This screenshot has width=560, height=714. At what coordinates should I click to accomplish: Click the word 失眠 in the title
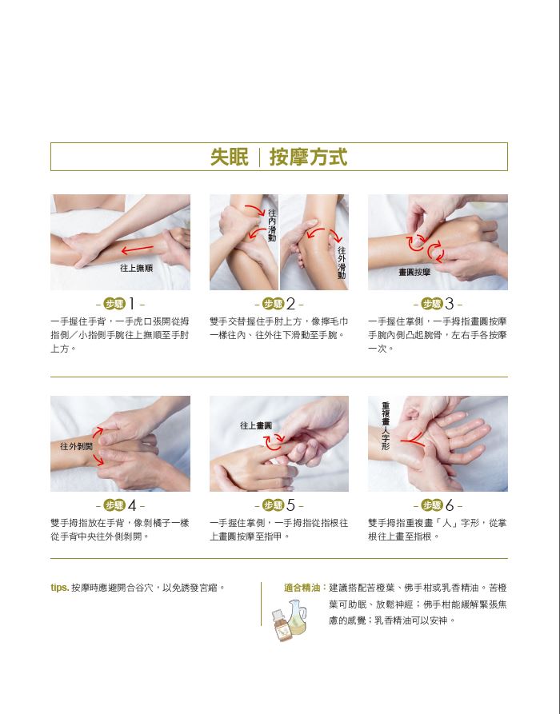[x=230, y=157]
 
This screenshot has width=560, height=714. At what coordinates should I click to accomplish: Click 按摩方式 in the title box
[x=309, y=157]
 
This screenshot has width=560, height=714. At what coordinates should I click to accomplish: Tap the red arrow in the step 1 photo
[x=137, y=249]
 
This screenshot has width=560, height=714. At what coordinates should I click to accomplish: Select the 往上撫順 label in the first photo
[x=136, y=268]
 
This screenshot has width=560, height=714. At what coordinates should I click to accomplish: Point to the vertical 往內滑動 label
[x=272, y=225]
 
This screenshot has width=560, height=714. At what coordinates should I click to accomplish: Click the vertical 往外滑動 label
[x=342, y=263]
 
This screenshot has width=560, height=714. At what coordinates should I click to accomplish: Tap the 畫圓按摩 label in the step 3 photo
[x=414, y=272]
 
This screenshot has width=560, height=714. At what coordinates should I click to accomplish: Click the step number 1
[x=132, y=303]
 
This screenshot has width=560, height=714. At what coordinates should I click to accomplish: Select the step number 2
[x=290, y=303]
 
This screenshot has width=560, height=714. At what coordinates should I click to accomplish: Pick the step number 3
[x=450, y=303]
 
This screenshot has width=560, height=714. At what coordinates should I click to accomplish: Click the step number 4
[x=132, y=505]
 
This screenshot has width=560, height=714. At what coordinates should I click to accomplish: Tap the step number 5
[x=290, y=505]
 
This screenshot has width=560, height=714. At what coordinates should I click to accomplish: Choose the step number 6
[x=450, y=505]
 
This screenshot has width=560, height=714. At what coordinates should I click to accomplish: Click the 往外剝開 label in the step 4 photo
[x=76, y=446]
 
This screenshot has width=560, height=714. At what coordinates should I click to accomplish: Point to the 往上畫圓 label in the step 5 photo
[x=256, y=425]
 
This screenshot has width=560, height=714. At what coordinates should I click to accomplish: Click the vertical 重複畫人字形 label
[x=386, y=425]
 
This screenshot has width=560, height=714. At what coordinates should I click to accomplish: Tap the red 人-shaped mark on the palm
[x=413, y=440]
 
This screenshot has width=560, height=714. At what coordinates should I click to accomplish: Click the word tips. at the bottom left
[x=60, y=588]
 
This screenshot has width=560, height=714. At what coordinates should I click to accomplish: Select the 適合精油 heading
[x=302, y=588]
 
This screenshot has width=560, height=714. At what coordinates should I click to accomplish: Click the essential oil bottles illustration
[x=290, y=620]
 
